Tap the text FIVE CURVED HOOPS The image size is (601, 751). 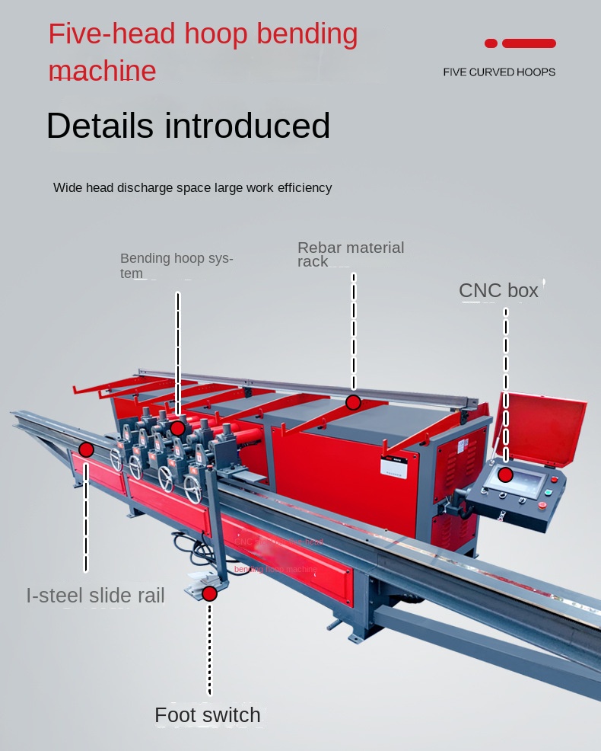tap(499, 72)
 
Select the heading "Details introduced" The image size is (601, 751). tap(188, 126)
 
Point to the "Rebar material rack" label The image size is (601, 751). tap(351, 254)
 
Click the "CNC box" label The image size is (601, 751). tap(498, 290)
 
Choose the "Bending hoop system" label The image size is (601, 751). tap(176, 265)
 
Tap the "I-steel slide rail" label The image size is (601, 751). tap(95, 596)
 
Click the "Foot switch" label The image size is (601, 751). tap(207, 715)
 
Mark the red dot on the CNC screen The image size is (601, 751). tap(506, 475)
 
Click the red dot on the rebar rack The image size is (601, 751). tap(353, 402)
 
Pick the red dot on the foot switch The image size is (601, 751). tap(209, 593)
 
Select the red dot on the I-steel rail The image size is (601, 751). tap(86, 449)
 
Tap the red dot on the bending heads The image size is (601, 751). tap(177, 428)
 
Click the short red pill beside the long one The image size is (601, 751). tap(491, 43)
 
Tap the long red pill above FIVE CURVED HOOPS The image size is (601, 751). tap(529, 43)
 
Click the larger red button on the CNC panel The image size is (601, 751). tap(542, 504)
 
